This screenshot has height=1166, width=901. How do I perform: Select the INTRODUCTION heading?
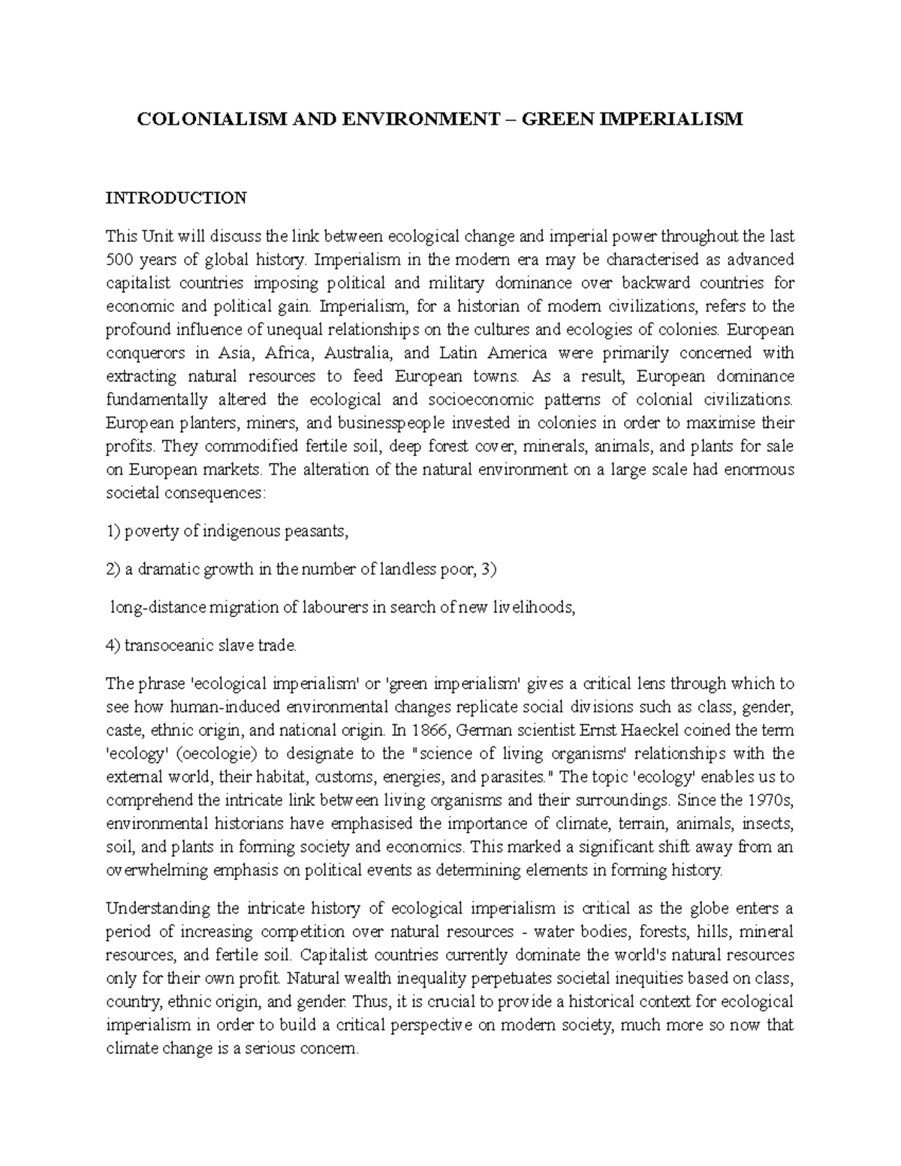pos(176,198)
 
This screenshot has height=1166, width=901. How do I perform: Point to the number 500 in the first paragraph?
pos(119,260)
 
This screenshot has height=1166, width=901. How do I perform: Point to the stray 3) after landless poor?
pos(489,569)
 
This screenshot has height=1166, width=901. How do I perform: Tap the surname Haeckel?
pos(640,730)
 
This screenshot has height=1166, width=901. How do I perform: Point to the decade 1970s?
pos(768,800)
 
